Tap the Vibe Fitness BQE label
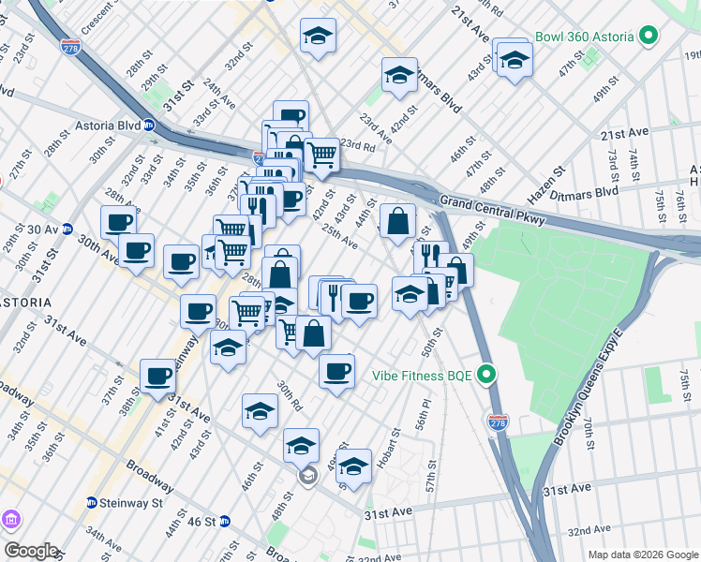coord(422,376)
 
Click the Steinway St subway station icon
coord(92,502)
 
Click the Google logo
coord(30,551)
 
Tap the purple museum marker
coord(10,519)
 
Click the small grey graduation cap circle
coord(307,477)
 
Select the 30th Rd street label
coord(289,397)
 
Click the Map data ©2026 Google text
coord(641,555)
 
